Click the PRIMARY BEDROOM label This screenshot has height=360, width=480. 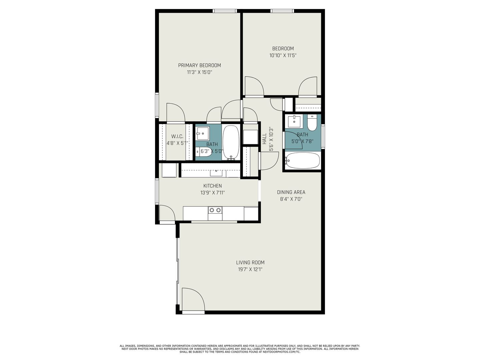coord(199,65)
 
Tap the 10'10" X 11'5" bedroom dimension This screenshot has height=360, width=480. coord(283,55)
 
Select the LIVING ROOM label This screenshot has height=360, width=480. coord(250,262)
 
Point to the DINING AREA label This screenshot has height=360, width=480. coord(291,192)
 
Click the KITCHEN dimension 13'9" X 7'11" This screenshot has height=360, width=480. coord(213,193)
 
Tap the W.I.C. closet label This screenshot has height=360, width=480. coord(177,136)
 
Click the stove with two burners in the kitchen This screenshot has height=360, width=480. coord(215,213)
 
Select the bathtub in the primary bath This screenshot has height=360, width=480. coord(231,142)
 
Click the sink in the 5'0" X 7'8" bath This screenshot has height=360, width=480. coord(294,121)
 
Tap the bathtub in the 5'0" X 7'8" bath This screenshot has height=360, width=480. coord(302,161)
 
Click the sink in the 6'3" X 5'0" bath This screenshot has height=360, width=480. coord(202,133)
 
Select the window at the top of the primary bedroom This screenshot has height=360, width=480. coord(225,11)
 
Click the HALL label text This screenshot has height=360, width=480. coord(264,139)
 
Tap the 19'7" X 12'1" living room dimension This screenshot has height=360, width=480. coord(250,269)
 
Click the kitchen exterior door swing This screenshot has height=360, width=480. coord(167,213)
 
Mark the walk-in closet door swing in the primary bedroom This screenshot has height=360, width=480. coord(176,112)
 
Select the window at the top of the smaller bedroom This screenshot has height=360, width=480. coord(282,11)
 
